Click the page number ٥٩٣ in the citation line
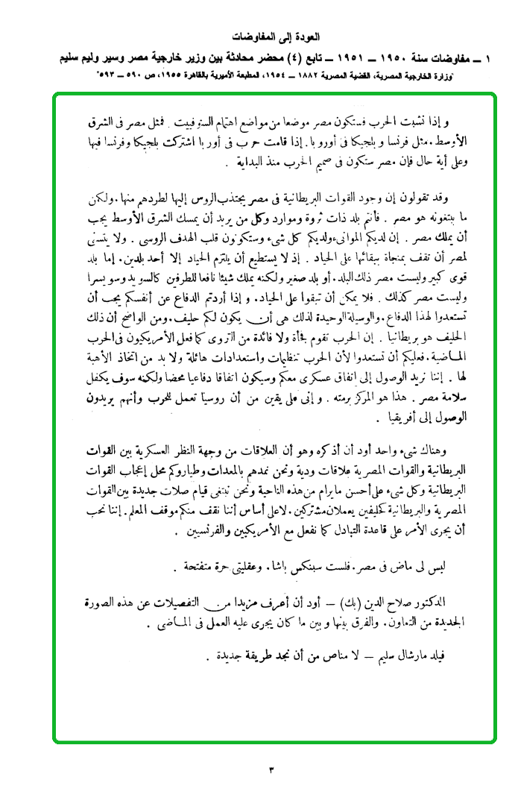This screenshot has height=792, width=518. click(x=109, y=76)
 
